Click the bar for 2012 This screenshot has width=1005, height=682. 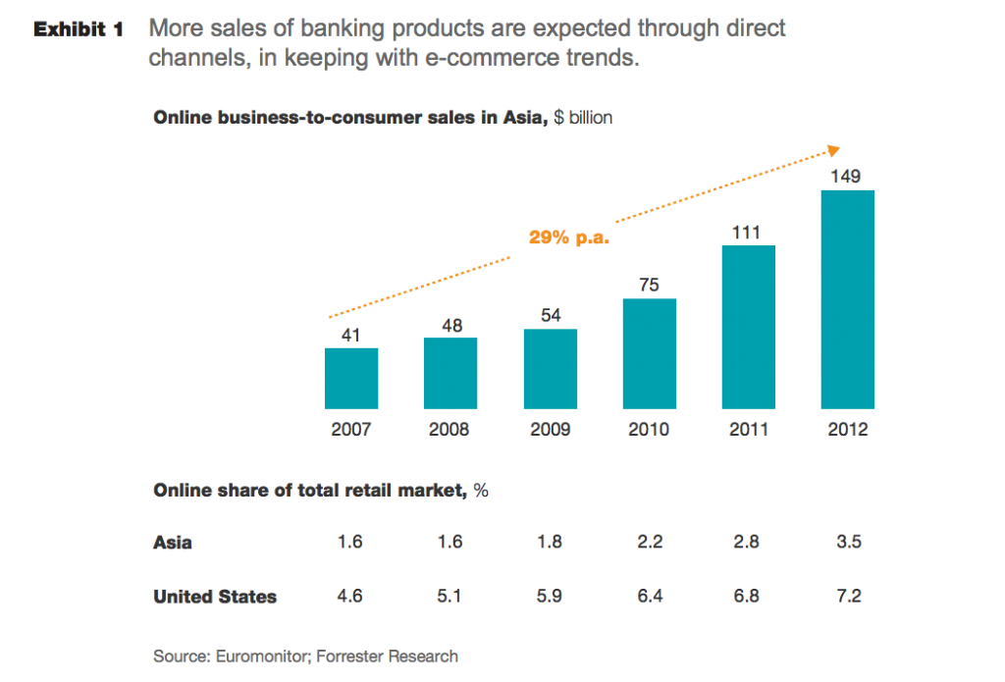(847, 298)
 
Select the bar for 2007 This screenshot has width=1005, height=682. (351, 378)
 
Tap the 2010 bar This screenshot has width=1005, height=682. (649, 353)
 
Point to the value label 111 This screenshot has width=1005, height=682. (748, 233)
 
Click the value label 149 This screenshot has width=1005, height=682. (847, 177)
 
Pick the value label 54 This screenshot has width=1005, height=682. (550, 315)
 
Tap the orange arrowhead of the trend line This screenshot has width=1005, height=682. (833, 150)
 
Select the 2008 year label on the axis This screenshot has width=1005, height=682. (450, 430)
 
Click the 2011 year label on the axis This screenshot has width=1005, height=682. (748, 430)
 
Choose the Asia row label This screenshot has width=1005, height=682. (173, 543)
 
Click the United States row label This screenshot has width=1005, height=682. (215, 597)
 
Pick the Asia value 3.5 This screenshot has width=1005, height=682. (847, 543)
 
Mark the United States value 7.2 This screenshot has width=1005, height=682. (847, 597)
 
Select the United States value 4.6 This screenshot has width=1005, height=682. (351, 597)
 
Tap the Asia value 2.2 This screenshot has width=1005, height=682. (649, 543)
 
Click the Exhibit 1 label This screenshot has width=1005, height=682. (79, 29)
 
